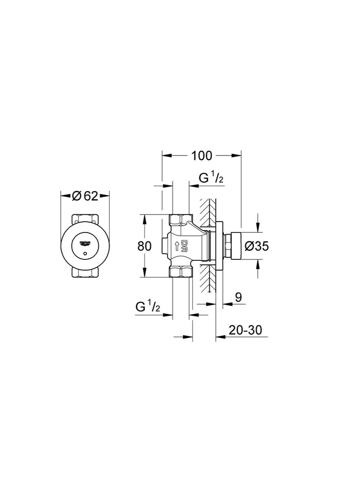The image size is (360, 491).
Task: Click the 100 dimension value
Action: (x=201, y=156)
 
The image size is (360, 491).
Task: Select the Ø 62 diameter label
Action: (x=85, y=196)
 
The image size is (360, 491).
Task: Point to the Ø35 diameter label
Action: (x=256, y=246)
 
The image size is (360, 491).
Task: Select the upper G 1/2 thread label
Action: (x=211, y=178)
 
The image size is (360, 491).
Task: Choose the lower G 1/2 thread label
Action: (x=148, y=307)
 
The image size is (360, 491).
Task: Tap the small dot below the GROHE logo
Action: (x=85, y=254)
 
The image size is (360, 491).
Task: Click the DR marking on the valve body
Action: (x=184, y=245)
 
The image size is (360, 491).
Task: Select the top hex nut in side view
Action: (x=181, y=220)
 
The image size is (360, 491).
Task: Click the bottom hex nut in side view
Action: (x=181, y=272)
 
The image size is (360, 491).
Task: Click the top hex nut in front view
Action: (x=85, y=219)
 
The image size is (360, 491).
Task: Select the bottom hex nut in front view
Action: (x=85, y=273)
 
